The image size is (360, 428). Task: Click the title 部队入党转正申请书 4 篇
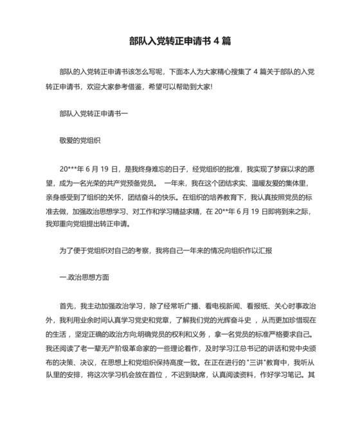point(179,40)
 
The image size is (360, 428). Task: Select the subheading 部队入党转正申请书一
point(93,113)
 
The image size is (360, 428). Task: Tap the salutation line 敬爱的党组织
point(79,138)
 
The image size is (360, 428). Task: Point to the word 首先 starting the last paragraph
point(66,306)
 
